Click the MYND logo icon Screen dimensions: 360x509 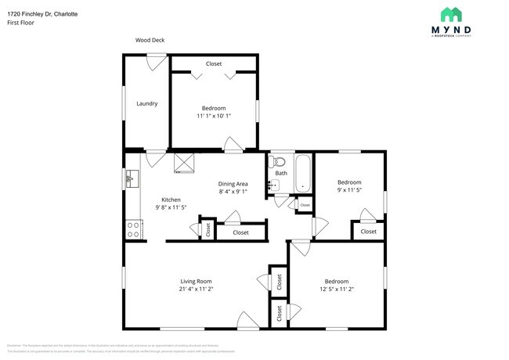[450, 15]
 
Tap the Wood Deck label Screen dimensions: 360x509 [150, 40]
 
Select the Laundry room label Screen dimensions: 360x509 [146, 103]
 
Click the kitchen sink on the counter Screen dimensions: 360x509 [130, 180]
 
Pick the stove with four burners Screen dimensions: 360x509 [133, 229]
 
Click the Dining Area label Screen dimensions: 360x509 [233, 184]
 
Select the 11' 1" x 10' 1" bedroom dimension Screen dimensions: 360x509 [213, 116]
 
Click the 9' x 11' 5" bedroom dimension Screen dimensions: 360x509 [348, 189]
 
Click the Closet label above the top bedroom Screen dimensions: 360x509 [213, 63]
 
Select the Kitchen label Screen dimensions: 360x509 [171, 200]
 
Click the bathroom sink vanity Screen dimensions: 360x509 [273, 185]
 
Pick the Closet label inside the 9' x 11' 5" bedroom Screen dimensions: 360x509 [368, 232]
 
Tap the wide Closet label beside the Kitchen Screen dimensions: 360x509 [240, 232]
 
